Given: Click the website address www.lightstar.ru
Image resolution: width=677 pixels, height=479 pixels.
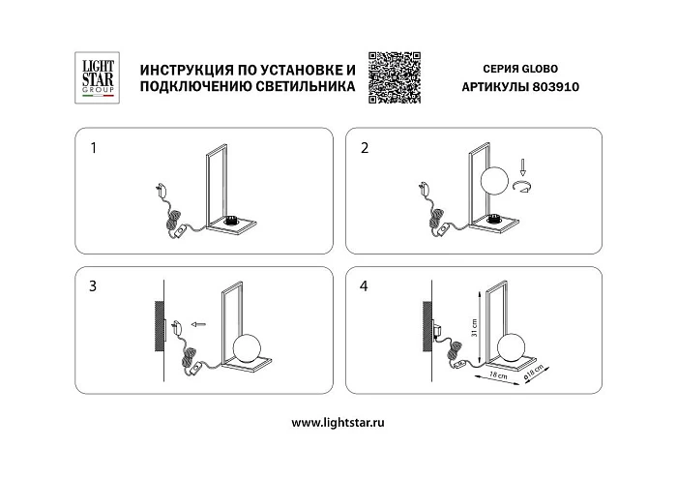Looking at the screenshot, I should pyautogui.click(x=338, y=423).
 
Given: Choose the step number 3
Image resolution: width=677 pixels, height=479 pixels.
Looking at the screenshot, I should pyautogui.click(x=94, y=287).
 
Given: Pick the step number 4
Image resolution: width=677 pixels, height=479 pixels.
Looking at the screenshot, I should pyautogui.click(x=365, y=287).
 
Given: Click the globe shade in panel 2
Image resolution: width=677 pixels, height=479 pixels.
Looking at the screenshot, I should pyautogui.click(x=496, y=180).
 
